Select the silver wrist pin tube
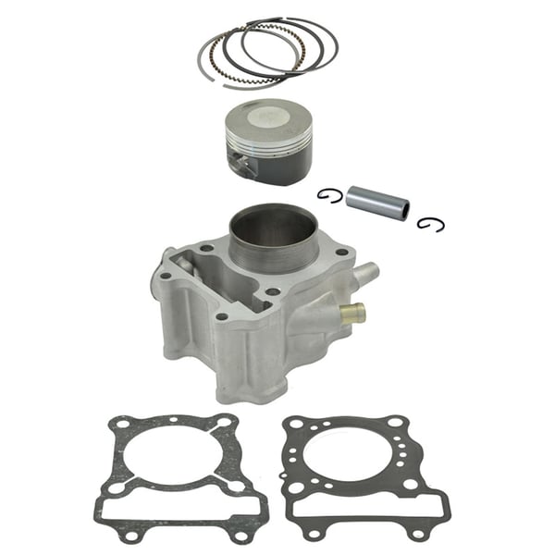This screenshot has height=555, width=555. click(x=374, y=203)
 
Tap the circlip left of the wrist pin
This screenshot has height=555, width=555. click(x=329, y=194)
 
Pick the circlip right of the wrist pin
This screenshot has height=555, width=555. click(x=425, y=223)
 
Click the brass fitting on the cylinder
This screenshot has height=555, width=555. click(x=351, y=313)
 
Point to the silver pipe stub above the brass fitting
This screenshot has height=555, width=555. click(x=365, y=274)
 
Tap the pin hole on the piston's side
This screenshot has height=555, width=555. click(x=242, y=166)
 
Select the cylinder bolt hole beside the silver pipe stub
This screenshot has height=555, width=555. click(x=344, y=252)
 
